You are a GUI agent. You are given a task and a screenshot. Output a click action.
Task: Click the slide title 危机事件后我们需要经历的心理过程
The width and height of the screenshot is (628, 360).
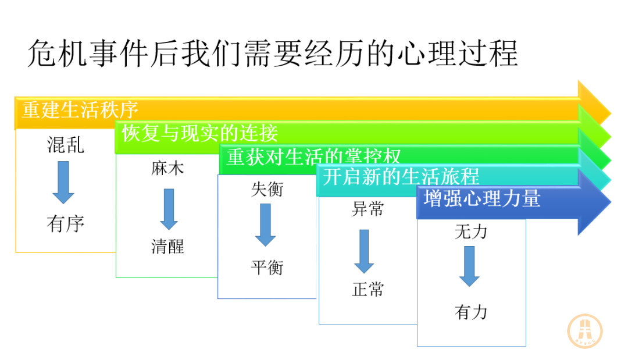click(273, 54)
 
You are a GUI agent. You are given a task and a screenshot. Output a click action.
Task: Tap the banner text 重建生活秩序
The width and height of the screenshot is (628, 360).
click(80, 109)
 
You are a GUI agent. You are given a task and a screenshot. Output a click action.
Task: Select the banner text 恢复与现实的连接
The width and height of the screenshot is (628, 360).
click(200, 133)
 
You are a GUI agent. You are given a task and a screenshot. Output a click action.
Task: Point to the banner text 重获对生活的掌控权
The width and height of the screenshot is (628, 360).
click(313, 156)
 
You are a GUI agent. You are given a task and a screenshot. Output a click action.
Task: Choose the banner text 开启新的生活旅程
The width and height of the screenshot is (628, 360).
click(401, 176)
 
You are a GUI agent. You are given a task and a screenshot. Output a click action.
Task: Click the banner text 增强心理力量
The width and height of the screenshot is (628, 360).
click(482, 198)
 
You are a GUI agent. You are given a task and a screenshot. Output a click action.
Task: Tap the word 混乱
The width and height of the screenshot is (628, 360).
click(66, 145)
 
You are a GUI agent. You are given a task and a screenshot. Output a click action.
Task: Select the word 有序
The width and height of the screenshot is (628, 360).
click(66, 223)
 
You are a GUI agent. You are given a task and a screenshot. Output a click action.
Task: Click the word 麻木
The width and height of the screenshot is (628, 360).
click(167, 168)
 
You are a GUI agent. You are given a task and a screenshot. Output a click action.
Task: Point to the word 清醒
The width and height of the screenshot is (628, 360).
click(167, 246)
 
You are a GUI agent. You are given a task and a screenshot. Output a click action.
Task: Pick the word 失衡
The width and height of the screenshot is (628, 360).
click(267, 189)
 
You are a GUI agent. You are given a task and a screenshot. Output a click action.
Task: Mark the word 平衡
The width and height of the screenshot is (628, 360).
click(267, 267)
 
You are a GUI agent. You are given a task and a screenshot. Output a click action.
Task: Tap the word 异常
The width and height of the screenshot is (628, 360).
click(367, 209)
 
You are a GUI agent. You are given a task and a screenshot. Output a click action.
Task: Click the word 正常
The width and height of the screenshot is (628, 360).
click(367, 289)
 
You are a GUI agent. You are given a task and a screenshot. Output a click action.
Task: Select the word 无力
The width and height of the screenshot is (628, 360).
click(471, 232)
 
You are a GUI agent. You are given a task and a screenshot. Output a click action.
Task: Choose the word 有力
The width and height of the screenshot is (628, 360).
click(471, 312)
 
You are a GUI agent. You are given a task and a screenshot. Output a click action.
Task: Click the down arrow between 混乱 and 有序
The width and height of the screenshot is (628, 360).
click(63, 183)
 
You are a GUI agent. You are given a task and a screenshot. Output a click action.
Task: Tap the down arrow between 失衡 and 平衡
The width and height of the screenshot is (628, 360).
click(266, 224)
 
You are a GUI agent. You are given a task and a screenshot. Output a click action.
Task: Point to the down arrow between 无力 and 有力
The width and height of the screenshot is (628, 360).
click(469, 266)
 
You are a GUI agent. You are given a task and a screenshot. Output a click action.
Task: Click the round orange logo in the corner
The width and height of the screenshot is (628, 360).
click(585, 331)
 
